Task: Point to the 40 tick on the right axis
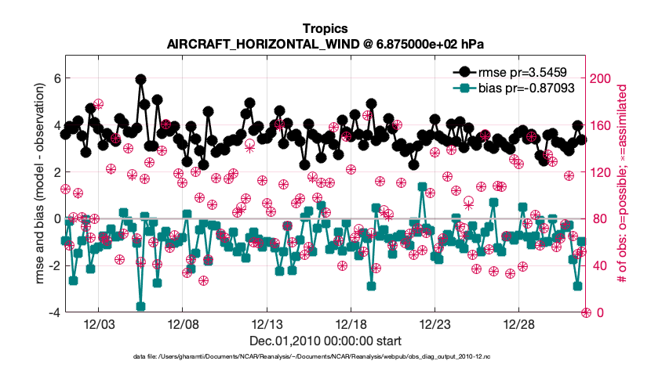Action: (597, 266)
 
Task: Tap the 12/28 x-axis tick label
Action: (519, 324)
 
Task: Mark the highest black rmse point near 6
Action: (140, 80)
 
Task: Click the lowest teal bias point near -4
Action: (141, 306)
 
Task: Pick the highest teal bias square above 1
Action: (422, 187)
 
